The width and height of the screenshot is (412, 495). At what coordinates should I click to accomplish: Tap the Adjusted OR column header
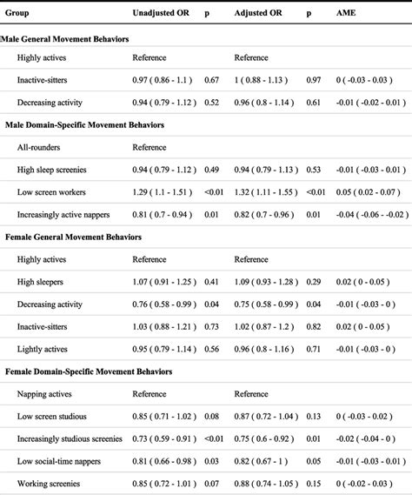[257, 14]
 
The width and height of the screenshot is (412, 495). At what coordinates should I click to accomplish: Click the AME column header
[345, 14]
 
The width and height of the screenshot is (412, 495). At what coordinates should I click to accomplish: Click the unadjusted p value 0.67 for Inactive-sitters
[209, 80]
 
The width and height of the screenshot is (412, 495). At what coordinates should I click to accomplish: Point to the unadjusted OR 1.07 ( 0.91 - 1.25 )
[165, 281]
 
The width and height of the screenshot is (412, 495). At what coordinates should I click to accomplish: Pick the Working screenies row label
[49, 481]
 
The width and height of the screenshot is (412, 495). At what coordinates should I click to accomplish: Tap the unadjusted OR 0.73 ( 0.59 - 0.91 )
[165, 437]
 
